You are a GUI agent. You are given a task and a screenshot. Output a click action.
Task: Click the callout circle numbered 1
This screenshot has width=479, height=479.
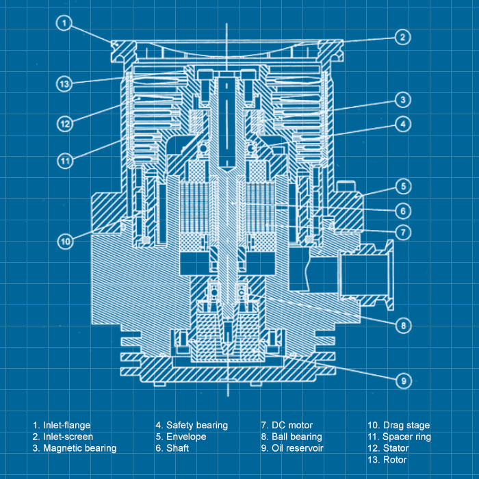tap(63, 24)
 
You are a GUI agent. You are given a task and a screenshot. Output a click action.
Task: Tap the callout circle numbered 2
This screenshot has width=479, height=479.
tap(403, 37)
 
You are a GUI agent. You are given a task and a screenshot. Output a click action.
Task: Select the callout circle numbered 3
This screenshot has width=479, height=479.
tap(404, 100)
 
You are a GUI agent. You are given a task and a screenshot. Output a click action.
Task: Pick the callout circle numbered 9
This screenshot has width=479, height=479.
tap(404, 380)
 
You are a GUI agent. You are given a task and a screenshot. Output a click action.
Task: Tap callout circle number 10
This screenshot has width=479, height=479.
tap(65, 241)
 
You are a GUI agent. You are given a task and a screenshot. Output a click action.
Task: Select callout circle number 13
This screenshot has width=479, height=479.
tap(64, 84)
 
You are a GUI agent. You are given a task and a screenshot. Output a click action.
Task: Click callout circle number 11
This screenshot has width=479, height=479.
tap(65, 161)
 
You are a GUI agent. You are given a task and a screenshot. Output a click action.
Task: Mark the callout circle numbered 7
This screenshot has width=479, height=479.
tap(404, 232)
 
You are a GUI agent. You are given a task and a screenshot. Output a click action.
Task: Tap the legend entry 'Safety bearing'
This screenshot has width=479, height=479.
tap(192, 425)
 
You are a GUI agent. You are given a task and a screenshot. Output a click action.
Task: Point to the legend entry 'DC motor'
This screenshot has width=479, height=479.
tap(287, 425)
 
